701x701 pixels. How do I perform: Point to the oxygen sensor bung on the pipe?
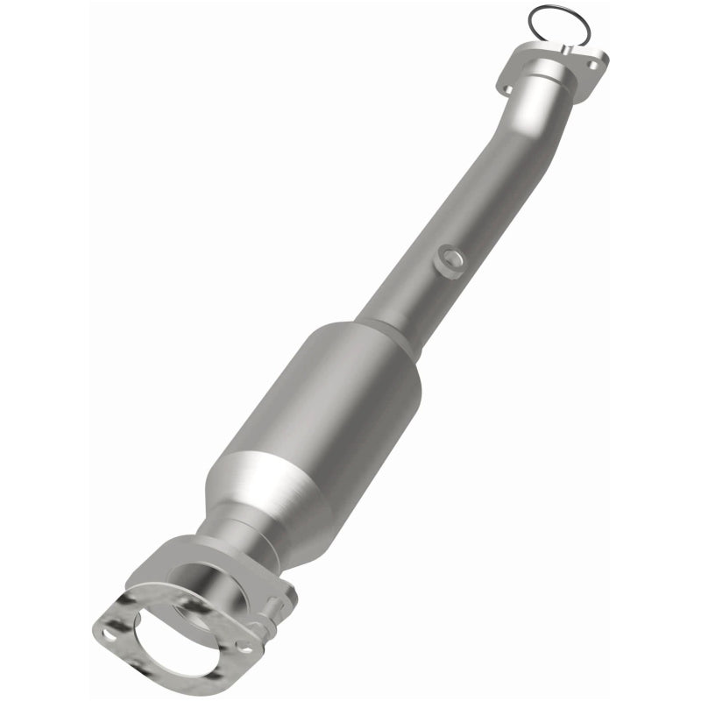450,260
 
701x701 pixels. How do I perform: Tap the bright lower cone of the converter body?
263,491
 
